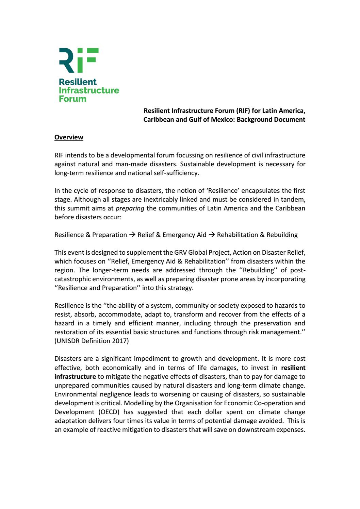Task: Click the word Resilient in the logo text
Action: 78,82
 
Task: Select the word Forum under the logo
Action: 72,99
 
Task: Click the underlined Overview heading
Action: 69,137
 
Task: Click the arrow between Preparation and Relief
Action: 132,235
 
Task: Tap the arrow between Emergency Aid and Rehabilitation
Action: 212,235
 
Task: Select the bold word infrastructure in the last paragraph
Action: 75,376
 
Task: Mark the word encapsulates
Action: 260,190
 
